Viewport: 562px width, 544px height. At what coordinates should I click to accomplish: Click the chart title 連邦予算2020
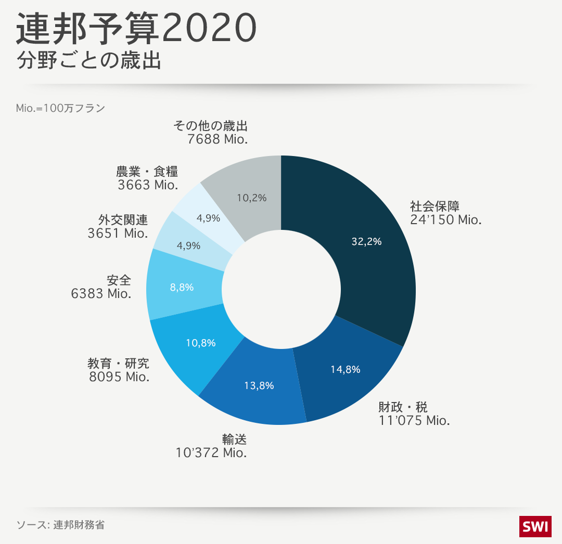pos(136,29)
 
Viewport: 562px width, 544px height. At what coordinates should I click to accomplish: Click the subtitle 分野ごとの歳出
pos(88,61)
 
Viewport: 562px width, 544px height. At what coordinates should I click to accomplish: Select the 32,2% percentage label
pos(366,241)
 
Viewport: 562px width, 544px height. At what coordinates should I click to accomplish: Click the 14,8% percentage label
pos(346,370)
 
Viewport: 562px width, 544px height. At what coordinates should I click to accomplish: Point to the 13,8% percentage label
pos(259,385)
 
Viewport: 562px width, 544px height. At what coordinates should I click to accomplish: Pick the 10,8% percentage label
pos(200,343)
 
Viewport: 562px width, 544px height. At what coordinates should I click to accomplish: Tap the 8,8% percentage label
pos(182,287)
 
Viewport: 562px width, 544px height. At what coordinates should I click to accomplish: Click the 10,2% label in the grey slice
pos(251,198)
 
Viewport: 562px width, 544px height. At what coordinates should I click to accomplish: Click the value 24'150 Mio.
pos(445,220)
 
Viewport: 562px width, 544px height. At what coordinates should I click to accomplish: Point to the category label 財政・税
pos(403,407)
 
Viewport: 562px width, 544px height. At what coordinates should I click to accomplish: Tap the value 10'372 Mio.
pos(211,453)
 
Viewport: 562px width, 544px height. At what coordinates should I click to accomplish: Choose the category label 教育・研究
pos(118,362)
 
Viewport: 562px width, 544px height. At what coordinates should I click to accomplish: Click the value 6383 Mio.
pos(101,294)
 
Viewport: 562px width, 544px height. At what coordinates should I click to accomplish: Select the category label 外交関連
pos(123,219)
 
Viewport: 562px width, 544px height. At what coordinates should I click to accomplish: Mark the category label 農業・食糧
pos(147,171)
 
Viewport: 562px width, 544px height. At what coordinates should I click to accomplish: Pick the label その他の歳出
pos(210,126)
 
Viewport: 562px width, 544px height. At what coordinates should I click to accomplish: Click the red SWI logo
pos(535,526)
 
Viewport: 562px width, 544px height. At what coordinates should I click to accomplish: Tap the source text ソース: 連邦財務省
pos(60,524)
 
